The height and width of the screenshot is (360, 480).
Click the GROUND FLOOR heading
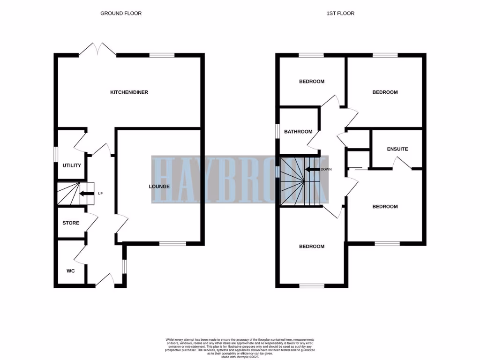tap(121, 14)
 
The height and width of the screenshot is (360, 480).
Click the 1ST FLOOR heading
tap(340, 14)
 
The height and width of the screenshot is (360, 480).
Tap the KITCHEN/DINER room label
tap(129, 92)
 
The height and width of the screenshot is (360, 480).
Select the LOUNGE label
tap(159, 187)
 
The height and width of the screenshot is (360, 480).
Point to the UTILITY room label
tap(72, 165)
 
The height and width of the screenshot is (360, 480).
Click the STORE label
tap(71, 223)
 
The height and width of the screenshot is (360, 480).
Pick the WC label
tap(71, 271)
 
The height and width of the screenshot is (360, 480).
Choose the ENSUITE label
tap(397, 149)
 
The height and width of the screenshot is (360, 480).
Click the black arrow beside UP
tap(86, 193)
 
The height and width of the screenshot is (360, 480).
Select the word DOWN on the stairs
tap(327, 170)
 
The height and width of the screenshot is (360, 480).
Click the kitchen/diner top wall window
tap(162, 55)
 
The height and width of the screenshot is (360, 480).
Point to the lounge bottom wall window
tap(172, 243)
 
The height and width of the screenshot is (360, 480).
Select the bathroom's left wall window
tap(277, 131)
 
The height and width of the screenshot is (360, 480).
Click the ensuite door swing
tap(402, 163)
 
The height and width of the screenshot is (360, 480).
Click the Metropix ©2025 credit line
tap(240, 357)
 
